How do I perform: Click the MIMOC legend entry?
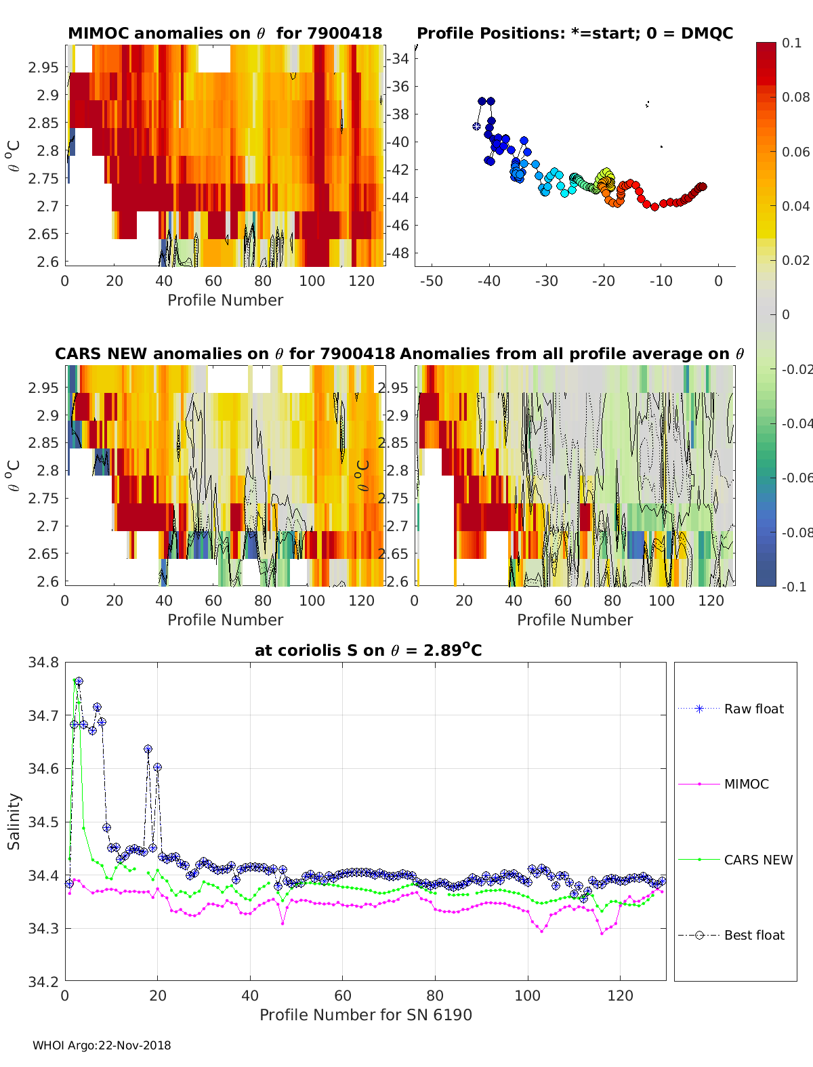746,784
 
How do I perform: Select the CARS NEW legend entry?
757,860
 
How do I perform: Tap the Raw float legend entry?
753,709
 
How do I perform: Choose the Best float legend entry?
753,935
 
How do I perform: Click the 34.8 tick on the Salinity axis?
43,662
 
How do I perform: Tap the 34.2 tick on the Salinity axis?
43,980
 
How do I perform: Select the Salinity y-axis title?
14,821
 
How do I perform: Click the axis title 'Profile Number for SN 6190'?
365,1014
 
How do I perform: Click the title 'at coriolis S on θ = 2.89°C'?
368,650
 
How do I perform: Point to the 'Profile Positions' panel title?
575,33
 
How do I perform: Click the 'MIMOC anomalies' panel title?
225,33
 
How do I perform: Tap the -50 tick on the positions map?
431,280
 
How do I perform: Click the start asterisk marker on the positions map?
476,126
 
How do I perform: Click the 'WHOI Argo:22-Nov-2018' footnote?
102,1045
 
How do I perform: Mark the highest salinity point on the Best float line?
79,681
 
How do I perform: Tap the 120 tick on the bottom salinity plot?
620,995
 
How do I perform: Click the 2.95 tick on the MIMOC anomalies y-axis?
43,67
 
